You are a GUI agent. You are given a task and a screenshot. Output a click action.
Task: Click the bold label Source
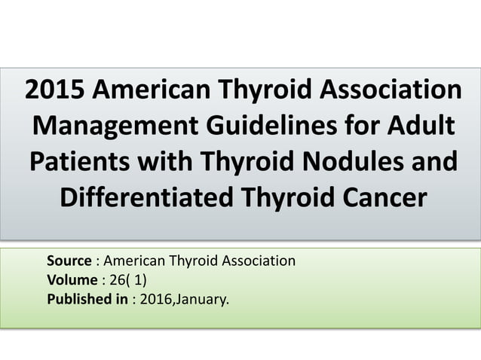[x=69, y=261]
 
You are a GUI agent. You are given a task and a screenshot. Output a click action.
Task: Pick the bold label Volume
[x=72, y=281]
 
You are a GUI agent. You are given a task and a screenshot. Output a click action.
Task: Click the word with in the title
[x=170, y=162]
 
